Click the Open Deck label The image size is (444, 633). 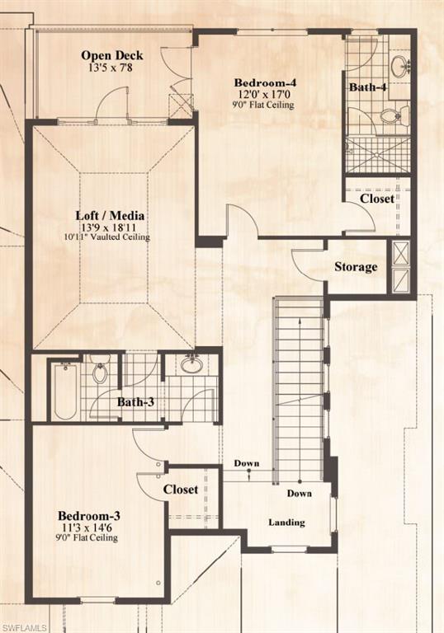(x=111, y=56)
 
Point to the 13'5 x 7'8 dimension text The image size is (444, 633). (x=111, y=68)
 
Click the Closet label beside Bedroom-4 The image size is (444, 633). (x=376, y=199)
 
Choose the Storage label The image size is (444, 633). (x=356, y=266)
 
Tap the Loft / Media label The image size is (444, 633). (x=113, y=215)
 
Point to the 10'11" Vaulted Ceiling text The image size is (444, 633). (x=113, y=237)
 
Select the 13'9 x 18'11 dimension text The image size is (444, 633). (x=113, y=227)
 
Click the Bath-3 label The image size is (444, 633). (x=134, y=402)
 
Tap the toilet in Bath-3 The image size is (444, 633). (x=100, y=373)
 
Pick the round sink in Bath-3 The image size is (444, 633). (x=192, y=365)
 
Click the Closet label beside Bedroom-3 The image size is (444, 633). (x=180, y=489)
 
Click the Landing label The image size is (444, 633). (x=286, y=523)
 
